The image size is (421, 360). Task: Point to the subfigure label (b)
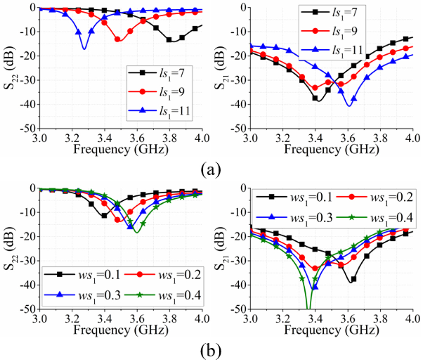click(x=209, y=349)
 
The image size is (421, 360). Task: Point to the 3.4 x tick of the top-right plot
click(x=315, y=137)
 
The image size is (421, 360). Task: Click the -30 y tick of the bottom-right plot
click(x=240, y=261)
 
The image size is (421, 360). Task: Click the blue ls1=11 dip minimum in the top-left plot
click(x=85, y=49)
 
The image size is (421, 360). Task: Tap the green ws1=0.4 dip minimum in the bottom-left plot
click(x=136, y=232)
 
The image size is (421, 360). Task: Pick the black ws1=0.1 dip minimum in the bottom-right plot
click(x=351, y=282)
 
